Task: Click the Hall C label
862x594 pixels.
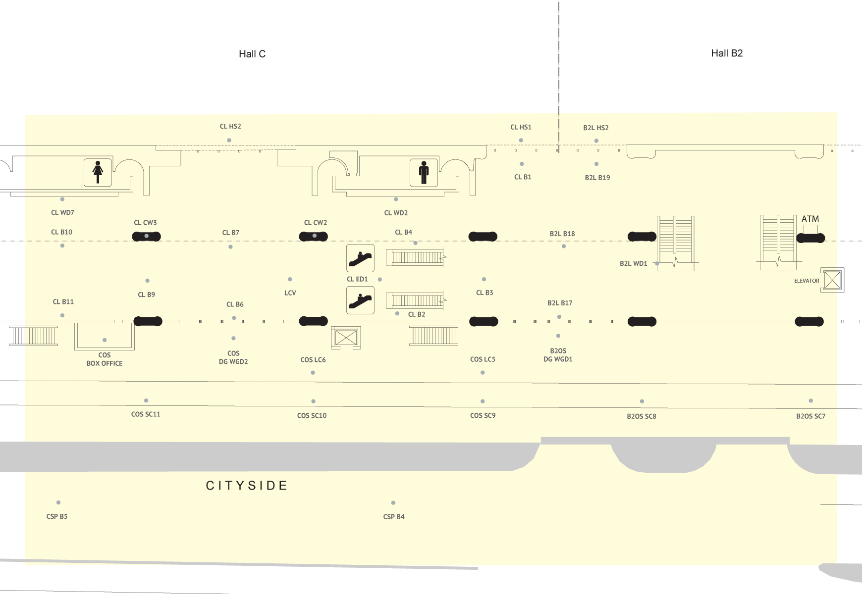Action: tap(252, 54)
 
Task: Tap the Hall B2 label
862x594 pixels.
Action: tap(727, 53)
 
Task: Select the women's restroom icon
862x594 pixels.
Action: tap(98, 172)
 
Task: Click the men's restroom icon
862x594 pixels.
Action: tap(424, 172)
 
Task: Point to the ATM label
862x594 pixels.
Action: tap(810, 219)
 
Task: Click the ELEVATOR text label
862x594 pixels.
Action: tap(807, 281)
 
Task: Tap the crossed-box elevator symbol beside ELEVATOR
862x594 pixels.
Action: tap(832, 280)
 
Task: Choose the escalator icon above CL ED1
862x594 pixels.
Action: tap(360, 258)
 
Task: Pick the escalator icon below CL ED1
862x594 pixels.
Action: tap(360, 300)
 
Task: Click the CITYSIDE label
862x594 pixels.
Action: tap(247, 486)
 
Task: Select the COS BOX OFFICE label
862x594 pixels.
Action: tap(105, 359)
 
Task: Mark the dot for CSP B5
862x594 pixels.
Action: tap(58, 502)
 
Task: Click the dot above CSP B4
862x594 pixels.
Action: tap(393, 503)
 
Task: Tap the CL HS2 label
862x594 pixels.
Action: tap(230, 126)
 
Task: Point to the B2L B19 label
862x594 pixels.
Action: tap(597, 178)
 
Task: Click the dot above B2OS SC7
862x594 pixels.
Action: tap(811, 401)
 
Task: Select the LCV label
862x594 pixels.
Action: tap(290, 293)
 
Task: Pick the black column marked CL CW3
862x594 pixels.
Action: tap(147, 237)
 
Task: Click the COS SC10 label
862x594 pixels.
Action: tap(312, 416)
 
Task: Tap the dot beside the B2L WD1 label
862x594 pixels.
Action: tap(657, 263)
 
